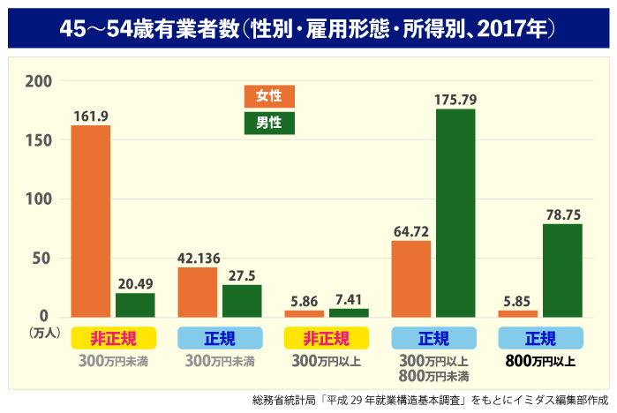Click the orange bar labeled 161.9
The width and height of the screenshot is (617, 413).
(91, 221)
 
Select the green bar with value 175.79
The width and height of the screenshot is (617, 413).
(455, 213)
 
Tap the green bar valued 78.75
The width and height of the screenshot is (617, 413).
(562, 270)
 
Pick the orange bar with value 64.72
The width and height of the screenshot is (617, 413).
(411, 278)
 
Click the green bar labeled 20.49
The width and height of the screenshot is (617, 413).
(135, 304)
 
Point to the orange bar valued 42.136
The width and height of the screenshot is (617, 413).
(198, 291)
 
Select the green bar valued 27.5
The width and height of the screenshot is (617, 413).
(242, 300)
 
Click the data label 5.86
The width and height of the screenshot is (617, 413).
(304, 300)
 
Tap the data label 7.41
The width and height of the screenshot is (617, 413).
(348, 298)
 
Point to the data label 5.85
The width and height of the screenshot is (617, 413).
(518, 300)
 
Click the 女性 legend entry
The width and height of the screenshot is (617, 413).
(269, 96)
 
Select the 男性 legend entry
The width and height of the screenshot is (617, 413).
(269, 123)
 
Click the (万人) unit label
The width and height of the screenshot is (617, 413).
(44, 333)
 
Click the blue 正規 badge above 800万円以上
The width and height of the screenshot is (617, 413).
(540, 338)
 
